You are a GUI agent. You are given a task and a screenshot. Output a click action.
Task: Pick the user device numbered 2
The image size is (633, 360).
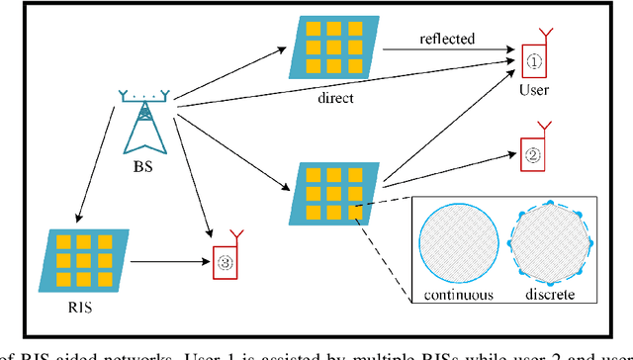tap(533, 153)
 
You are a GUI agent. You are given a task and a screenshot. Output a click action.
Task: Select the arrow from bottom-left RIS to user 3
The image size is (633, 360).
tap(168, 262)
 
